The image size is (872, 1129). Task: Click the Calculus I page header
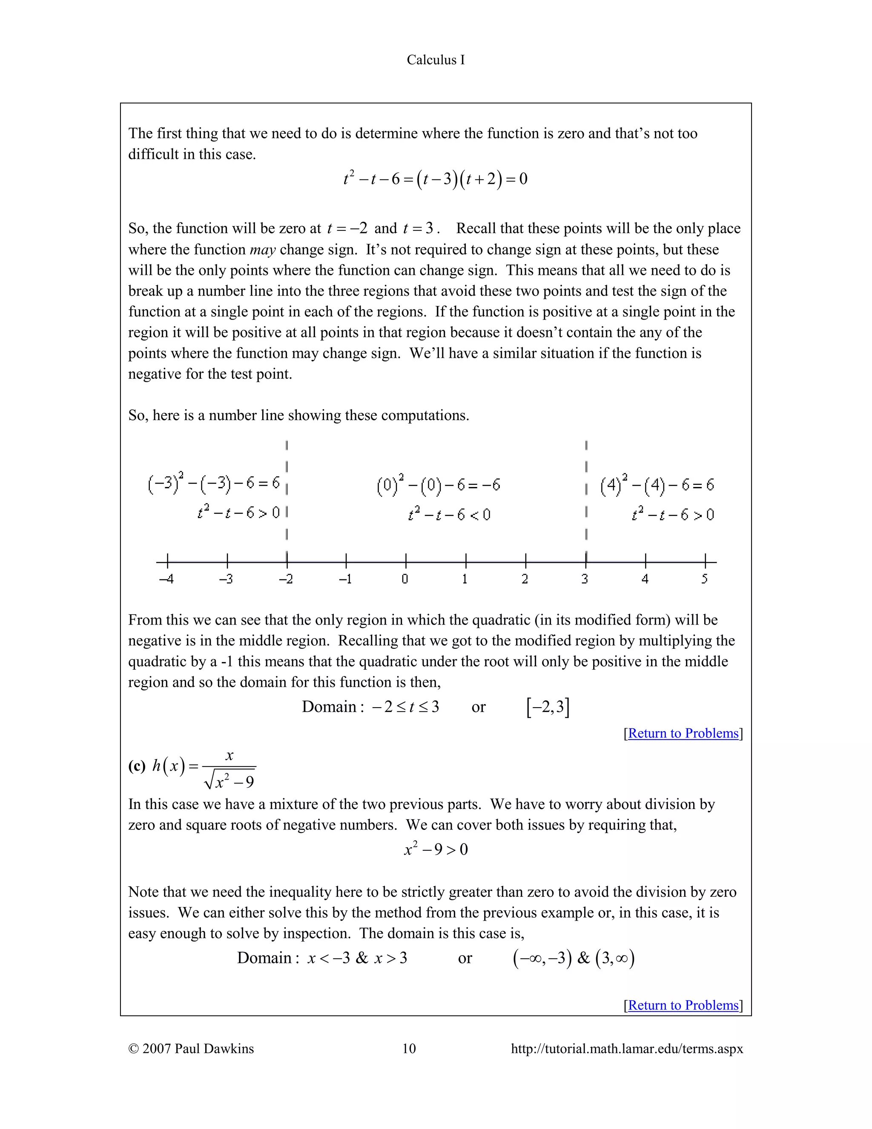click(x=436, y=60)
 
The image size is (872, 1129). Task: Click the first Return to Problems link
click(x=683, y=733)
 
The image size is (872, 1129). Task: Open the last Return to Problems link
click(x=683, y=1005)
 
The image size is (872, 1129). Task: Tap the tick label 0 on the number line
click(x=405, y=579)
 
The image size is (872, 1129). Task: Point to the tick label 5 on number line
click(x=705, y=579)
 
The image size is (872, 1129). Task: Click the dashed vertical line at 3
click(x=586, y=491)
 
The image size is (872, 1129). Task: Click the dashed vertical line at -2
click(x=287, y=491)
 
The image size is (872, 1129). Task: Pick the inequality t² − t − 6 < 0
click(x=449, y=514)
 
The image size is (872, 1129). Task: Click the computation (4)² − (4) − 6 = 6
click(x=657, y=485)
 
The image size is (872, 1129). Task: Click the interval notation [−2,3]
click(x=548, y=707)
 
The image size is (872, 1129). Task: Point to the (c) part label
click(x=137, y=766)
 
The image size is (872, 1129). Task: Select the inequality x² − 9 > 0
click(x=436, y=850)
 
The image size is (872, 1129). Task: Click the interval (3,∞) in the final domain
click(x=615, y=958)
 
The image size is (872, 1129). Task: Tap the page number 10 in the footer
click(x=409, y=1048)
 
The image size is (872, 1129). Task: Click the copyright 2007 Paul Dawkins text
click(x=191, y=1048)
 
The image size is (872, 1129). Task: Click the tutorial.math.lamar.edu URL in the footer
click(x=627, y=1048)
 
